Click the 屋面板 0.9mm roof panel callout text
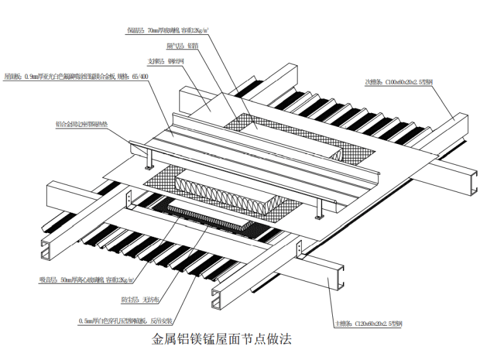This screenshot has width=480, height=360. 76,77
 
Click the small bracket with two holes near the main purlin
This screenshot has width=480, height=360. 130,200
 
